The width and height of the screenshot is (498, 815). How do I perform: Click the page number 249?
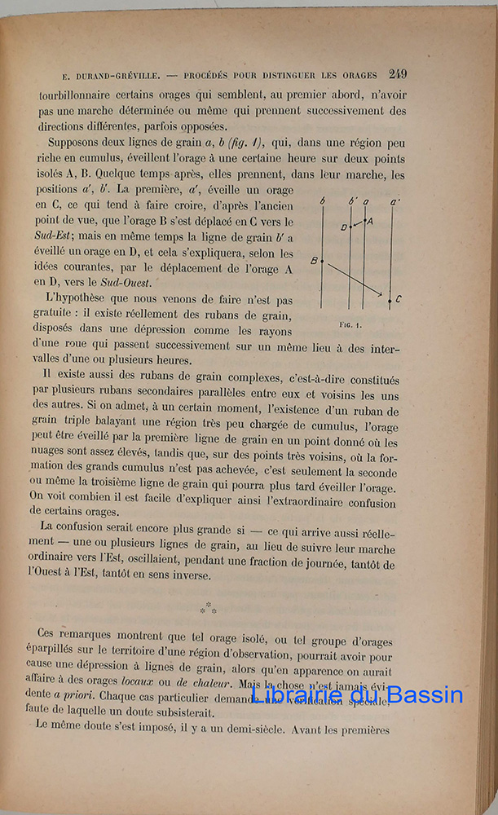(x=399, y=73)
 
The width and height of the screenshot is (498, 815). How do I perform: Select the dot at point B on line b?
(x=322, y=261)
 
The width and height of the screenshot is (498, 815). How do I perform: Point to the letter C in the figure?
(x=398, y=300)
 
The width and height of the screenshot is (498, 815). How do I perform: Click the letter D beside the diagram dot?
(x=343, y=227)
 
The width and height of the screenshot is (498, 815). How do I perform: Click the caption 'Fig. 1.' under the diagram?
(x=350, y=324)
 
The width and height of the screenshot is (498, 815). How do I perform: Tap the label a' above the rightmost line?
(x=394, y=200)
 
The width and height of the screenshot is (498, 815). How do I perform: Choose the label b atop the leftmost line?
(x=324, y=200)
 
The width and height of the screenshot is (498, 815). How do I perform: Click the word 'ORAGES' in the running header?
(x=362, y=75)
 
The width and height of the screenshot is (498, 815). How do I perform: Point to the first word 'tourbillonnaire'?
(x=77, y=95)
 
